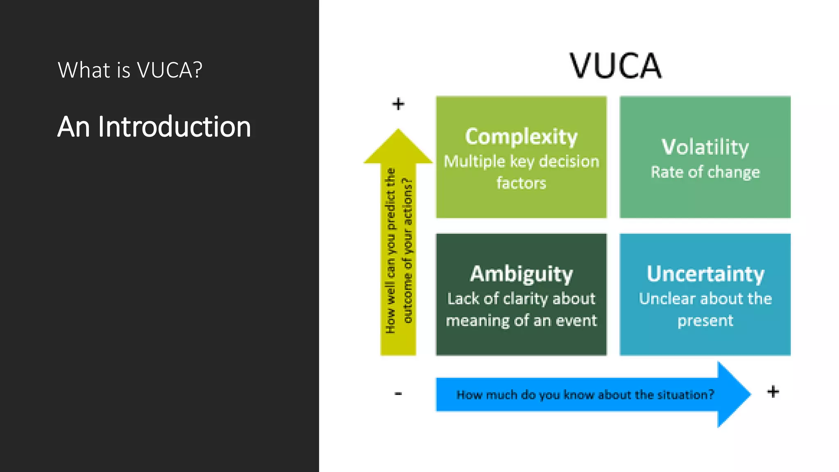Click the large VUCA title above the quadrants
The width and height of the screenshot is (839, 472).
click(x=615, y=66)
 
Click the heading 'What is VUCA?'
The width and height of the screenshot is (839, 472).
click(x=130, y=70)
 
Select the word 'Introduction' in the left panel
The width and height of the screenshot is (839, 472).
click(x=174, y=127)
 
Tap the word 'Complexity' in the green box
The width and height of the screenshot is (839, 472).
click(x=521, y=136)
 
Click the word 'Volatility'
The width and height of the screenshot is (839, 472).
click(x=705, y=147)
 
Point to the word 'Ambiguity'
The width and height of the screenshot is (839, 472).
click(x=521, y=274)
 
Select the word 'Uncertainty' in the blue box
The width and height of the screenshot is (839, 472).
click(x=705, y=274)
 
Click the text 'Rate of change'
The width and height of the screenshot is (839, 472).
click(x=705, y=172)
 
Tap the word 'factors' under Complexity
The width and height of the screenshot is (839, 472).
click(x=521, y=183)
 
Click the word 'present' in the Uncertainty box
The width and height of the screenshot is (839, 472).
click(x=705, y=320)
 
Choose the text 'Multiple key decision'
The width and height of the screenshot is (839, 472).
click(x=521, y=161)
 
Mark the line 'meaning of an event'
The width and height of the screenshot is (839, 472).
click(x=521, y=320)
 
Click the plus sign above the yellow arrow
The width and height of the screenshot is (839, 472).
click(x=398, y=104)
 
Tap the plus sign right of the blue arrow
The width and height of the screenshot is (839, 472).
click(x=773, y=392)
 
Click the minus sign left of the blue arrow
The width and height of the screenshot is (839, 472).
click(x=398, y=394)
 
